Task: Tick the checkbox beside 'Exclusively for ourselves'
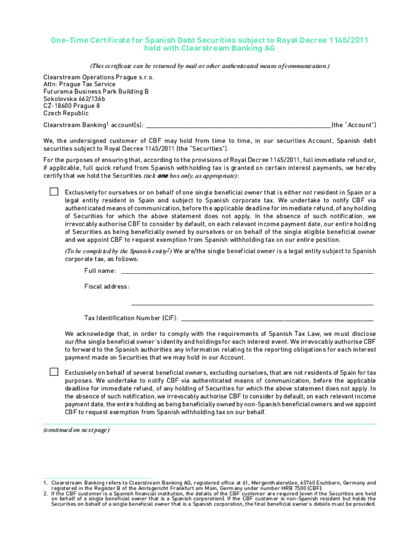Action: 54,192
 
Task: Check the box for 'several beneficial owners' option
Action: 54,372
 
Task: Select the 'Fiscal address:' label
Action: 106,286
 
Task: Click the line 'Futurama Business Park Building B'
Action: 96,92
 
